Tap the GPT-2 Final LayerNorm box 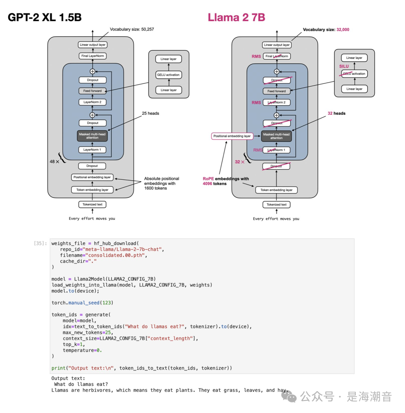tap(92, 56)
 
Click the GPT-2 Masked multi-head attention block tap(92, 135)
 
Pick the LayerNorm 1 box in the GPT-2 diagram tap(92, 150)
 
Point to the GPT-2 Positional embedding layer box tap(92, 177)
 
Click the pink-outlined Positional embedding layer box tap(232, 136)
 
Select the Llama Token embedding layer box tap(276, 190)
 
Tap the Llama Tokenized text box tap(276, 204)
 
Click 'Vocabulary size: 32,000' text tap(326, 29)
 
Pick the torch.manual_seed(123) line tap(82, 302)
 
